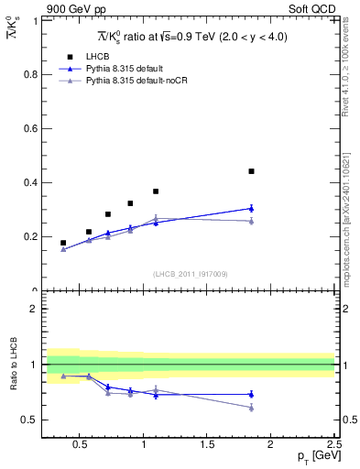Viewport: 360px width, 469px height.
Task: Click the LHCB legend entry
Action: coord(97,57)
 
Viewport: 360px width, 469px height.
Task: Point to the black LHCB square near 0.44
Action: coord(251,171)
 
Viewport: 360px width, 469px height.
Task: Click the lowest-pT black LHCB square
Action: coord(63,243)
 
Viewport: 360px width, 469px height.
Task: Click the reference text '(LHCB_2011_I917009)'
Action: coord(190,274)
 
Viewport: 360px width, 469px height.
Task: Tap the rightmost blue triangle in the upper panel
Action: coord(251,208)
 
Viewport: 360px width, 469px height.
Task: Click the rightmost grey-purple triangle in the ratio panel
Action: coord(251,408)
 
